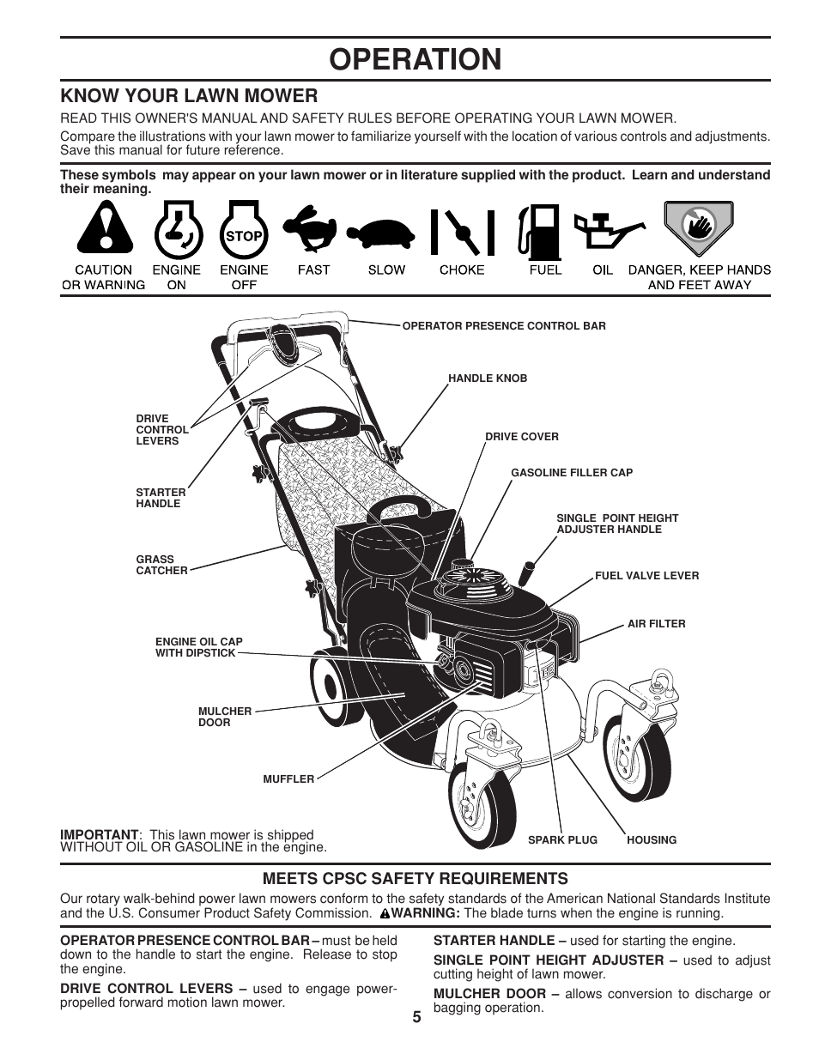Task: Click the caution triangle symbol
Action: (105, 230)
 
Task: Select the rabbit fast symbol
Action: (312, 230)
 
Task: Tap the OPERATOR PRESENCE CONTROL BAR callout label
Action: (504, 326)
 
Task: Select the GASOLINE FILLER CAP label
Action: (572, 473)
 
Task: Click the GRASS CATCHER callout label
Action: (161, 565)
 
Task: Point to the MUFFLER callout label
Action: (288, 779)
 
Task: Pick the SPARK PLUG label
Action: (562, 840)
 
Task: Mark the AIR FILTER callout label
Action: (656, 624)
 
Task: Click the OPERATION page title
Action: (415, 59)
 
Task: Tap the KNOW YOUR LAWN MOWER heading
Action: (189, 95)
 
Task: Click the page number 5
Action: (416, 1017)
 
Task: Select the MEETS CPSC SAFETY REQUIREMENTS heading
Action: (415, 878)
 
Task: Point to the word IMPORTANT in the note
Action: (99, 834)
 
